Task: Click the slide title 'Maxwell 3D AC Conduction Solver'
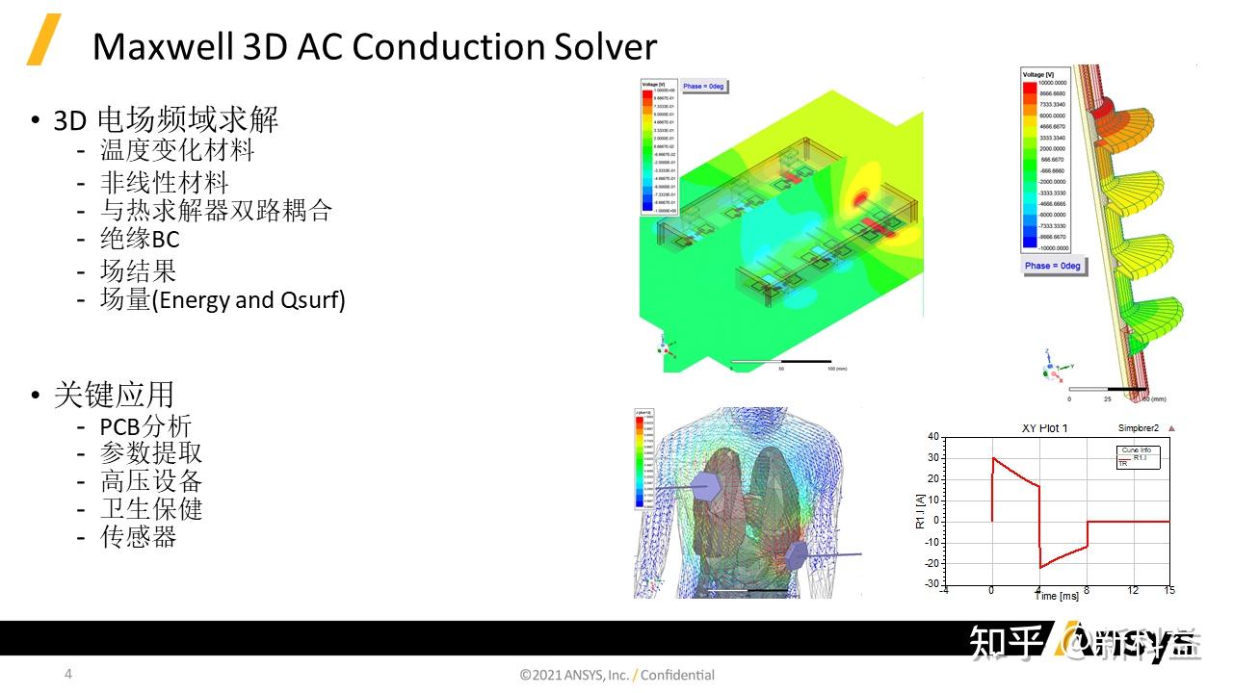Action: (374, 46)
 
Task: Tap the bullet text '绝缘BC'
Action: (140, 239)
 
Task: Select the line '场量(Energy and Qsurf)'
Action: (223, 299)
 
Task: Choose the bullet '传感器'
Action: (139, 536)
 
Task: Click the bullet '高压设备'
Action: (151, 481)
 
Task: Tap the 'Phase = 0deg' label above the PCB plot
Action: (704, 87)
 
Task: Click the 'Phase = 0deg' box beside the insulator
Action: (1052, 266)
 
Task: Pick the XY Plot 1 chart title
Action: (1044, 428)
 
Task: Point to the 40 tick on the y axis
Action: (932, 437)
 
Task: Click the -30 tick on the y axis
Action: (931, 584)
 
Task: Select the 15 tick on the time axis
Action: (1169, 590)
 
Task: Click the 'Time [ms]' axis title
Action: (1057, 597)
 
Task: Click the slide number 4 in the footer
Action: (67, 674)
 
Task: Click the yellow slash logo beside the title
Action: (43, 39)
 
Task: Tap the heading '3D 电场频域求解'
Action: (165, 119)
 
